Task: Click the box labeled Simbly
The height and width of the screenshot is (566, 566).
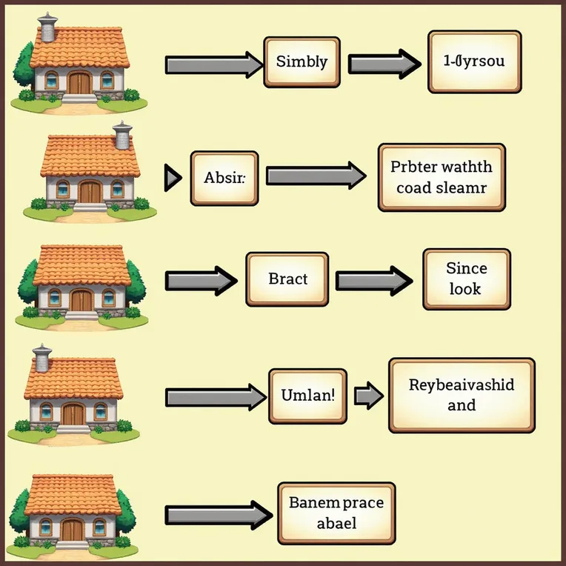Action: (301, 62)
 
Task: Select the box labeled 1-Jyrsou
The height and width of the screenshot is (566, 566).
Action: (467, 62)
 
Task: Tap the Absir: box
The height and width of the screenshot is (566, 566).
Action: (224, 178)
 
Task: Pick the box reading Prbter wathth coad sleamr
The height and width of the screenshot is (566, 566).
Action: (440, 177)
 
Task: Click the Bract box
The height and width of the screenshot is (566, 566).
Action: (287, 280)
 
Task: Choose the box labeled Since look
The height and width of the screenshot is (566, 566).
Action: (466, 279)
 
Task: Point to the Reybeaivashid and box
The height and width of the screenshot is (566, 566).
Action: (461, 395)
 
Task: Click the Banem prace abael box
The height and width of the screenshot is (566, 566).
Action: (336, 513)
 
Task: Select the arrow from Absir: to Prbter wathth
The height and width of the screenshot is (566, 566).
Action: (316, 176)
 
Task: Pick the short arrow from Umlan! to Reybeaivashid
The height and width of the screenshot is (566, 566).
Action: (367, 396)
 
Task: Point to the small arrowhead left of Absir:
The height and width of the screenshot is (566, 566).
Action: (173, 178)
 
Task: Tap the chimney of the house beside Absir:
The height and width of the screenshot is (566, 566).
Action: (121, 136)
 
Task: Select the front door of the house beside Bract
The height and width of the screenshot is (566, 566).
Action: (81, 300)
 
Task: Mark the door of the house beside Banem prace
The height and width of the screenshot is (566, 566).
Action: (73, 530)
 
